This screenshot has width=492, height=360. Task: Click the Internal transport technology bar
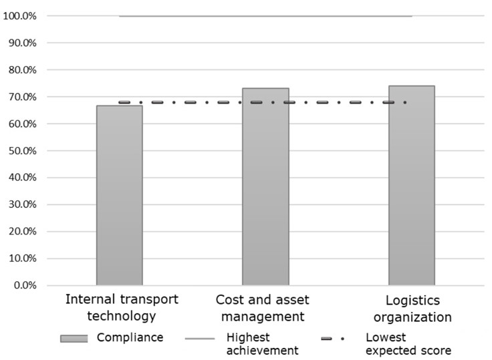coord(120,195)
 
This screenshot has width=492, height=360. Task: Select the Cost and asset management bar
coord(265,186)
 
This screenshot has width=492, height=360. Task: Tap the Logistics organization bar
coord(411,185)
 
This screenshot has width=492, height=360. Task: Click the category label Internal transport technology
coord(122,307)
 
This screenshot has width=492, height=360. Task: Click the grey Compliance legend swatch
coord(74,339)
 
